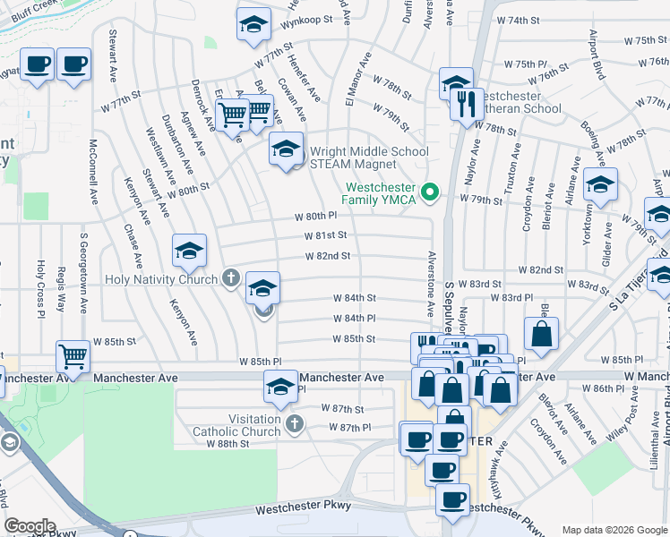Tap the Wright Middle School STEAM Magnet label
(368, 158)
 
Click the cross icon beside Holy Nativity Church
(231, 278)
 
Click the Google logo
(30, 526)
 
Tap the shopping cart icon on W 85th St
(73, 355)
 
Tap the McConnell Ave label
(93, 170)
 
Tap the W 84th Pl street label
(353, 319)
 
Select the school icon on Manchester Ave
(280, 387)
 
